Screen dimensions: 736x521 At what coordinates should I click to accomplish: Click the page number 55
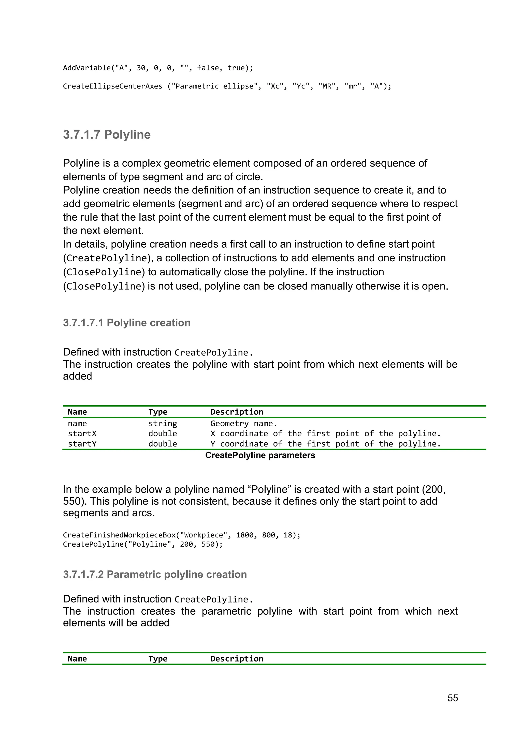pyautogui.click(x=452, y=698)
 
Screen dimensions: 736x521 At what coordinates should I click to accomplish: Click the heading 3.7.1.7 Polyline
pyautogui.click(x=107, y=135)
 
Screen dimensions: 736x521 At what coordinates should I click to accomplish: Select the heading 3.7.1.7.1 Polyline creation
pyautogui.click(x=127, y=323)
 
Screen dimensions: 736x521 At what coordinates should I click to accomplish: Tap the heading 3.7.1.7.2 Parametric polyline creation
pyautogui.click(x=155, y=575)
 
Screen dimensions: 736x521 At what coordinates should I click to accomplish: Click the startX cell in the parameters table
pyautogui.click(x=82, y=434)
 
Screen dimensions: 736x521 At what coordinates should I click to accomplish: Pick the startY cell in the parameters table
pyautogui.click(x=82, y=444)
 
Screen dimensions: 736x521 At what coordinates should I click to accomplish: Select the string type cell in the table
pyautogui.click(x=163, y=424)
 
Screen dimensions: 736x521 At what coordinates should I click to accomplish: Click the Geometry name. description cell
pyautogui.click(x=244, y=424)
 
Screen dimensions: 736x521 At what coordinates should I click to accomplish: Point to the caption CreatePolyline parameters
pyautogui.click(x=260, y=456)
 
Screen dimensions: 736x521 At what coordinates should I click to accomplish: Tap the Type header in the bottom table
pyautogui.click(x=158, y=659)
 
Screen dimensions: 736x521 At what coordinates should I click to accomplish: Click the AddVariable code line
pyautogui.click(x=158, y=68)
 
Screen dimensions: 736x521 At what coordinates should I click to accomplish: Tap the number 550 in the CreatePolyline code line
pyautogui.click(x=208, y=544)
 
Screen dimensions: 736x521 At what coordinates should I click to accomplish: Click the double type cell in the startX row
pyautogui.click(x=163, y=434)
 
